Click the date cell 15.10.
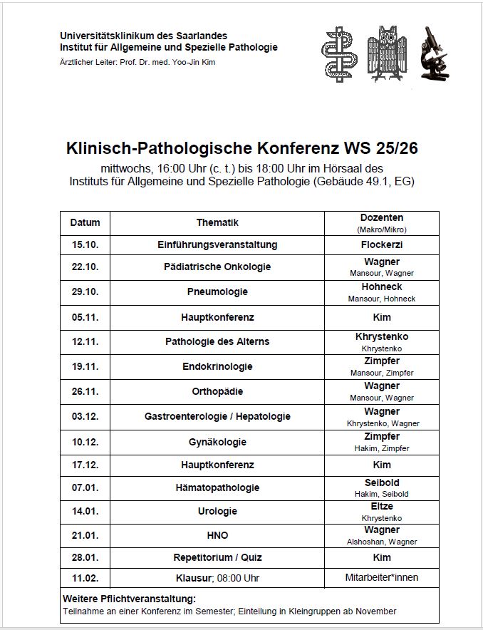[x=85, y=244]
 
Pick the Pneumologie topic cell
[x=217, y=291]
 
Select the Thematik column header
[x=217, y=222]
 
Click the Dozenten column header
[x=381, y=217]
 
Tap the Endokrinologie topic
[x=217, y=366]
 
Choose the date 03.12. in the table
[x=85, y=416]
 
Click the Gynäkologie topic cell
[x=217, y=442]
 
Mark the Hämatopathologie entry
[x=217, y=487]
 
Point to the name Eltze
[x=381, y=506]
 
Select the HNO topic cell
[x=217, y=535]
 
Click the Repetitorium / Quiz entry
[x=217, y=557]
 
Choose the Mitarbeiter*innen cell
[x=381, y=577]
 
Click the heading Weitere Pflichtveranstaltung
[x=129, y=599]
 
